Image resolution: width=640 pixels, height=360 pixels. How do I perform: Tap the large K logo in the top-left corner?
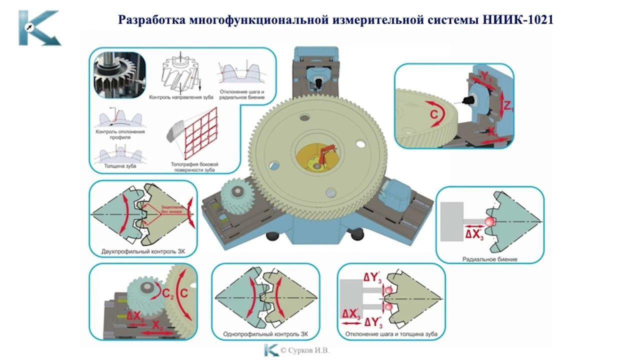(39, 28)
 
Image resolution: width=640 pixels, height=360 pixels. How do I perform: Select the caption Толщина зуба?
(120, 166)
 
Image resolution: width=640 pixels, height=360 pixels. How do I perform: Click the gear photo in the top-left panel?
(120, 75)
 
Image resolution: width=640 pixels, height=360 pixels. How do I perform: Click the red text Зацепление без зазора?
(171, 209)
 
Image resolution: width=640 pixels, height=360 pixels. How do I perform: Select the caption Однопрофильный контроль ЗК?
(265, 333)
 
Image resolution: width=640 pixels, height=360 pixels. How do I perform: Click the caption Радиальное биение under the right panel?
(490, 259)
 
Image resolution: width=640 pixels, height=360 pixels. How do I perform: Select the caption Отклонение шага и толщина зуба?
(391, 333)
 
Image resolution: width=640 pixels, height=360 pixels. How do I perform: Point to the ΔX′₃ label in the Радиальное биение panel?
(475, 234)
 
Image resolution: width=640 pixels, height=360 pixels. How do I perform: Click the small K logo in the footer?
(271, 350)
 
